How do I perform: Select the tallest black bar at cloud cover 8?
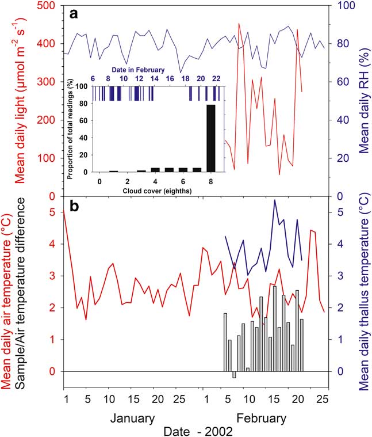[x=211, y=138]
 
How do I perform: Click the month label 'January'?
[x=132, y=417]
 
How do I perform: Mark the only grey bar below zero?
[x=234, y=375]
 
